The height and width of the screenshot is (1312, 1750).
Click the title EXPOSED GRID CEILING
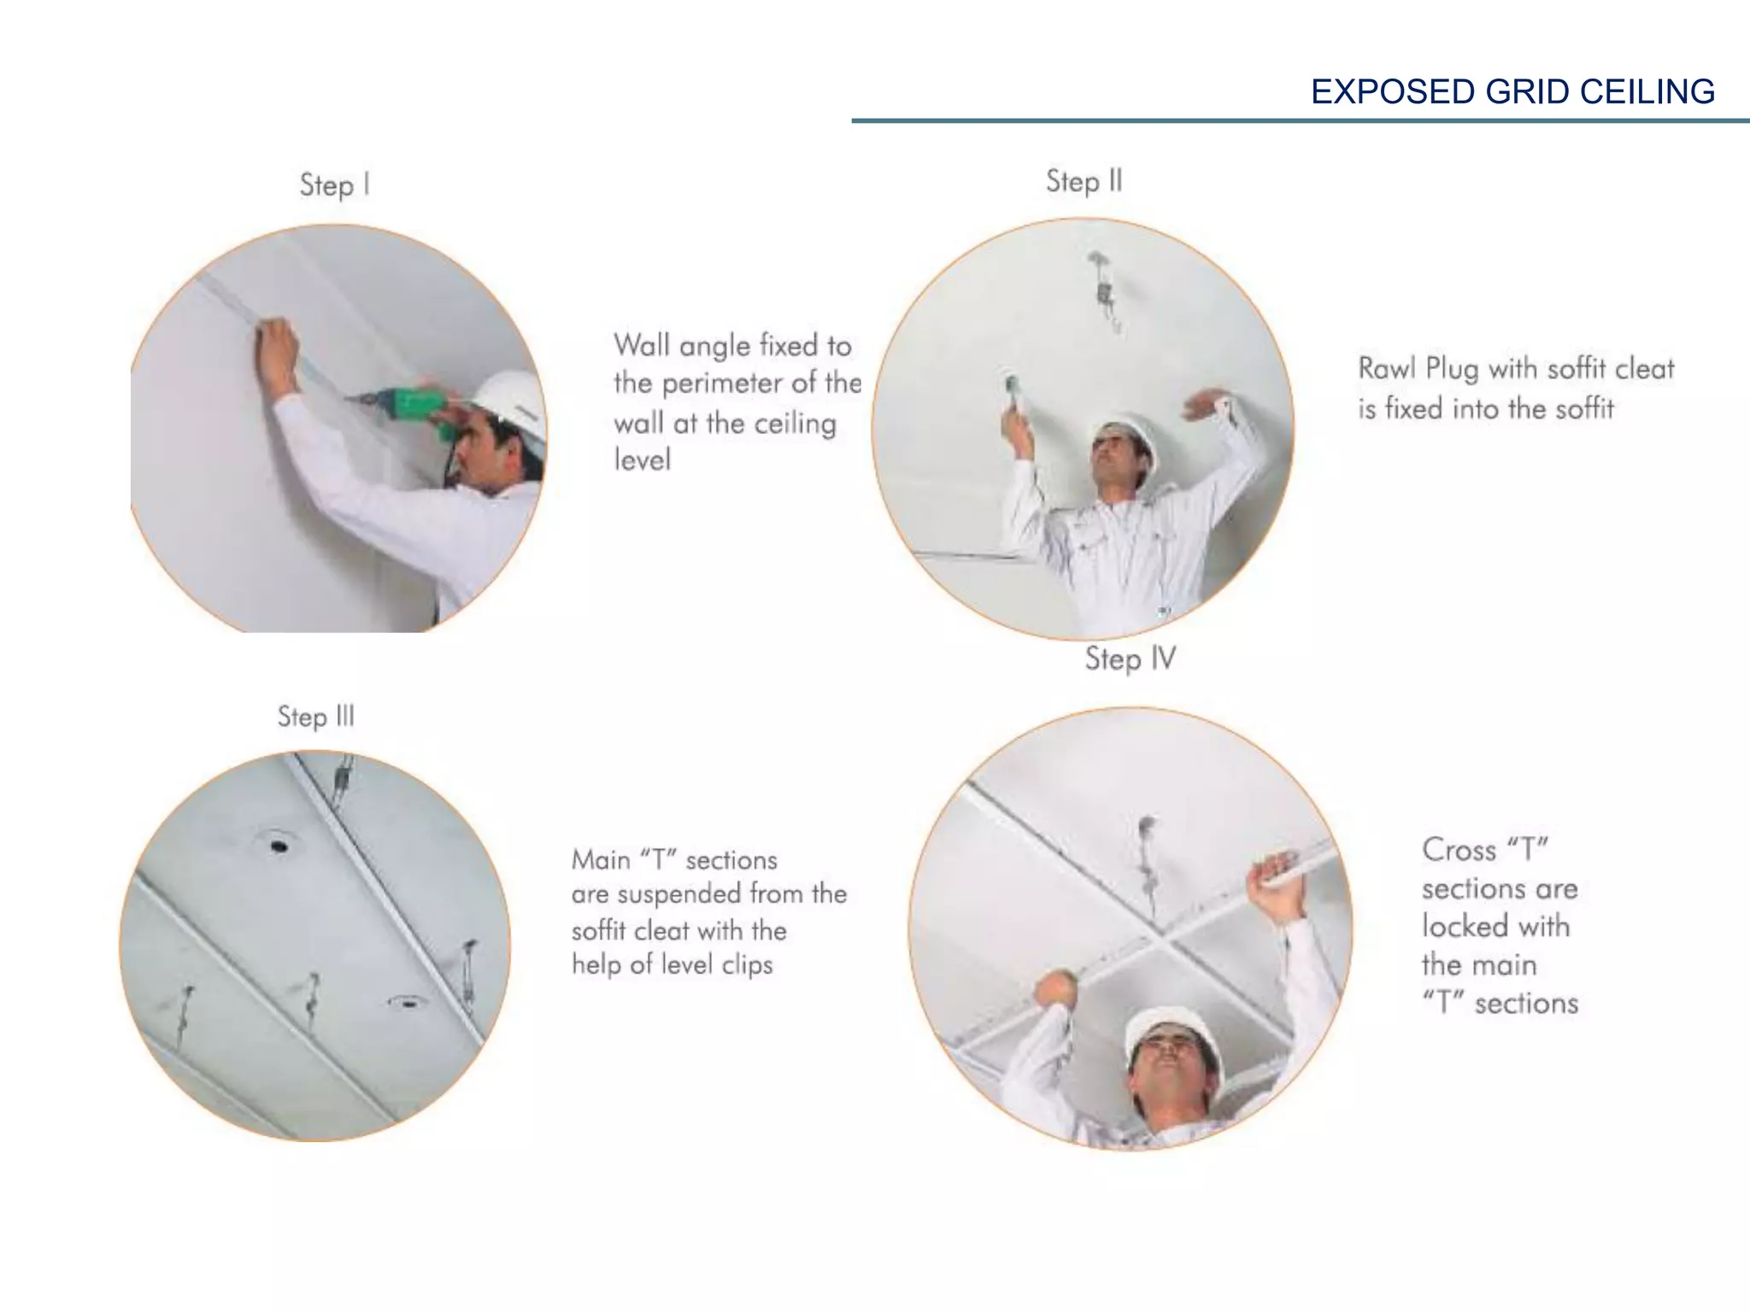pyautogui.click(x=1512, y=91)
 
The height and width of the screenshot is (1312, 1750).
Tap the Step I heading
pyautogui.click(x=335, y=184)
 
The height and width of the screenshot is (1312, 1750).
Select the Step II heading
pyautogui.click(x=1083, y=181)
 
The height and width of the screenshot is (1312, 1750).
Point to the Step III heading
pyautogui.click(x=315, y=716)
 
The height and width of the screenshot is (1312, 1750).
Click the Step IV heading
pyautogui.click(x=1130, y=659)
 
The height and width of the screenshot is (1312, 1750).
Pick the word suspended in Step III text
pyautogui.click(x=678, y=894)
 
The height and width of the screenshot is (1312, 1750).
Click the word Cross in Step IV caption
pyautogui.click(x=1459, y=850)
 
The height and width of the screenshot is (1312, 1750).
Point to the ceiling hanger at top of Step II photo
pyautogui.click(x=1104, y=290)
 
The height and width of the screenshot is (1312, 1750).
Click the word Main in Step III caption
pyautogui.click(x=602, y=859)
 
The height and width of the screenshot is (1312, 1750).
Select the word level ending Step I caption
pyautogui.click(x=642, y=460)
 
